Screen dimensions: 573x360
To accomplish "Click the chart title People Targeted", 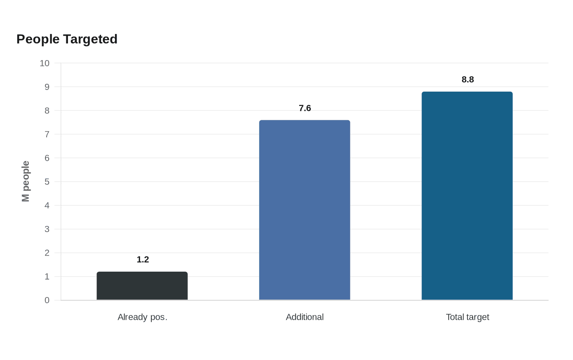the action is tap(67, 39).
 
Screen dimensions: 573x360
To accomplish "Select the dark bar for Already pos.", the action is tap(142, 286).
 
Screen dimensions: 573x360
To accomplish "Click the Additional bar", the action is tap(305, 210).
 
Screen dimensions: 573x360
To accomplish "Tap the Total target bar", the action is tap(467, 196).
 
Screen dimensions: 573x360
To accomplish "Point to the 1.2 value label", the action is tap(143, 259).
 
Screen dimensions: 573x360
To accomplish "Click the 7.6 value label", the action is tap(305, 108).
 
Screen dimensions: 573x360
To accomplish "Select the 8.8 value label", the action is tap(467, 79).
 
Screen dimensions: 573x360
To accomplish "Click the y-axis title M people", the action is tap(25, 181).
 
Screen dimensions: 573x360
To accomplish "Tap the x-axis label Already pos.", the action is tap(142, 317).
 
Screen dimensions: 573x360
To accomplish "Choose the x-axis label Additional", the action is tap(305, 317).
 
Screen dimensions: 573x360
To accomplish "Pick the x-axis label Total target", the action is tap(467, 317).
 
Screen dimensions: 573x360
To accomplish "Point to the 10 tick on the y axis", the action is tap(45, 63).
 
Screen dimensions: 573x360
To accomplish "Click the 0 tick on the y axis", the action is tap(47, 300).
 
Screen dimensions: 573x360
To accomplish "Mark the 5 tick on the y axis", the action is tap(47, 182).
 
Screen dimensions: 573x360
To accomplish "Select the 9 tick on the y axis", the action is tap(47, 87).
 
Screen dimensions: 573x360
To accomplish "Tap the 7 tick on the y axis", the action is tap(47, 134).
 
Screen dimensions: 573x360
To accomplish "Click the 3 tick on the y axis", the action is tap(47, 229).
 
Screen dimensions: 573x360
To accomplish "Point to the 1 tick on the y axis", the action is tap(47, 277).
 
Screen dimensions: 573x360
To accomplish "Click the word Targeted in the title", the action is tap(90, 39).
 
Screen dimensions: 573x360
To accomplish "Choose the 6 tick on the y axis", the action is tap(47, 158).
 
